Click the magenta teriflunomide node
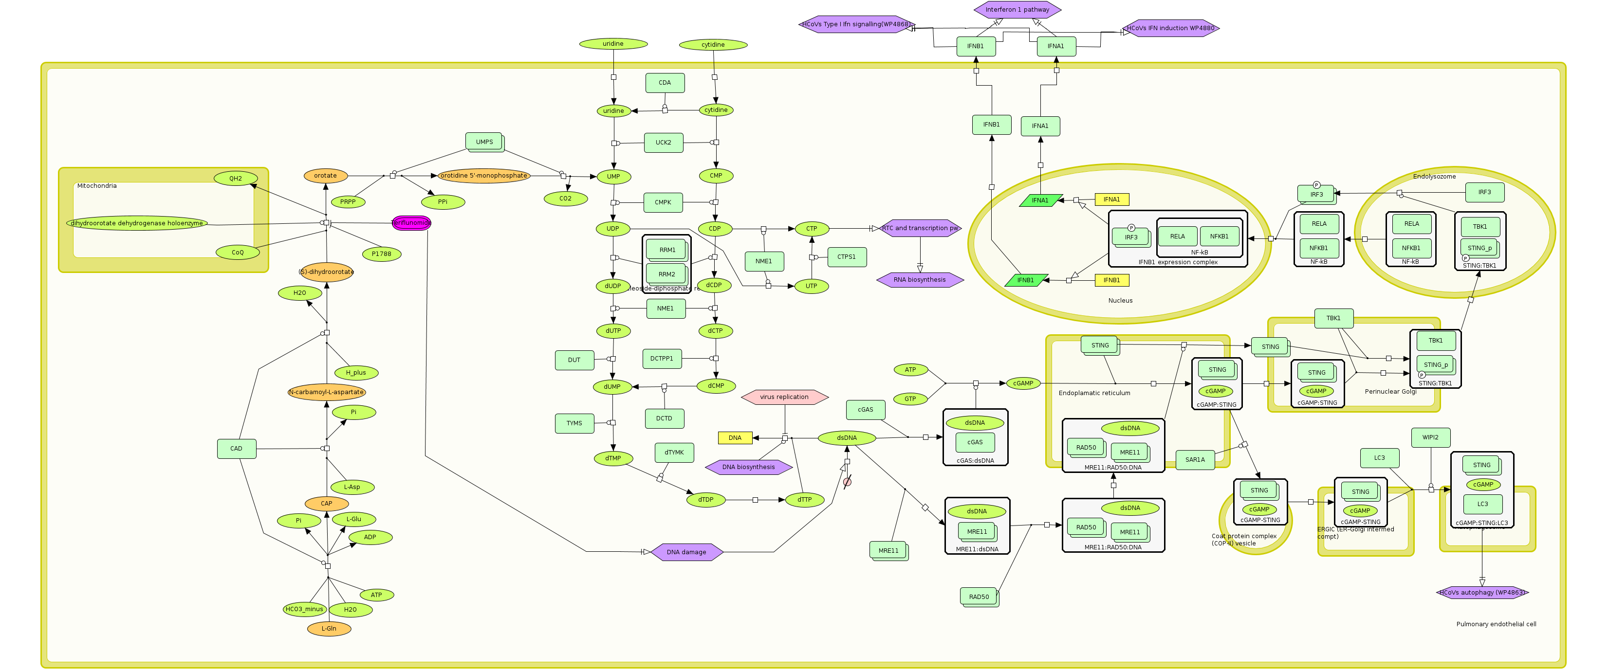click(411, 223)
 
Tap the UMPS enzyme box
click(484, 142)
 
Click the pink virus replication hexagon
click(784, 397)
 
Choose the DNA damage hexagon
click(686, 552)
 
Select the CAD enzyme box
click(236, 449)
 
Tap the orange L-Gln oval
click(329, 629)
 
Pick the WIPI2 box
click(1430, 437)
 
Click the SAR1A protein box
click(1195, 460)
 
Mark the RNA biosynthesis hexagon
click(920, 280)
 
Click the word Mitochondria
click(97, 186)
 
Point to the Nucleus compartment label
click(1120, 301)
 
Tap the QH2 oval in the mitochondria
click(236, 179)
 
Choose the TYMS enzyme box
click(574, 424)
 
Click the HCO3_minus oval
click(304, 610)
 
